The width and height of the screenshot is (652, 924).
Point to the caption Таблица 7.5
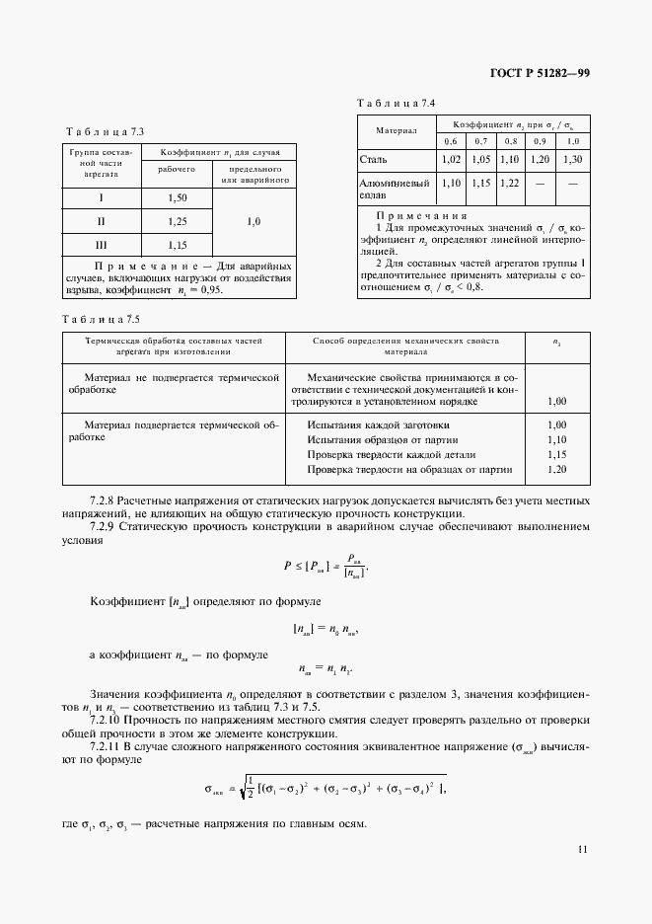tap(101, 318)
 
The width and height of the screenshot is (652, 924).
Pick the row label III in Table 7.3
tap(101, 244)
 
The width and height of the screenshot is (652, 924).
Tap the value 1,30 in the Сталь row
tap(573, 159)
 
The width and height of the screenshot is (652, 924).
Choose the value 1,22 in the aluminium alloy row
tap(509, 183)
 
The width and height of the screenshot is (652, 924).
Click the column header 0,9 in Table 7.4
tap(541, 142)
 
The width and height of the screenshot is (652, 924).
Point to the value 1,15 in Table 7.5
tap(555, 455)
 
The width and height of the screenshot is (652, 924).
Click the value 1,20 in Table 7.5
tap(555, 470)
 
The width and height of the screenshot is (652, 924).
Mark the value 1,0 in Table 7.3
tap(254, 222)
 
